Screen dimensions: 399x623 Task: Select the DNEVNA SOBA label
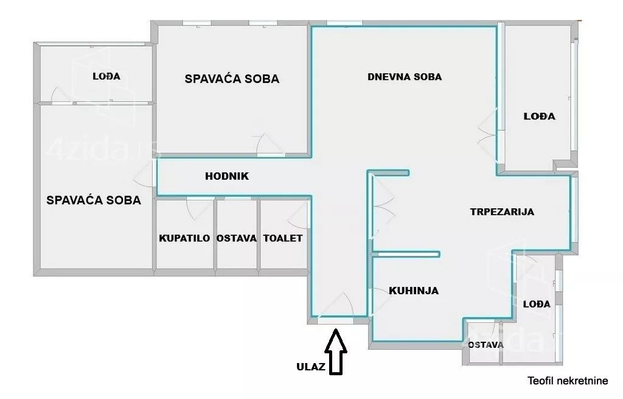[x=405, y=77]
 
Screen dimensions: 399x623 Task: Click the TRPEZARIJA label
[x=502, y=212]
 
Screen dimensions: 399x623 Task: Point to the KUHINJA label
[x=414, y=291]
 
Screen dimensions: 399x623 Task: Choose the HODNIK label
[x=227, y=176]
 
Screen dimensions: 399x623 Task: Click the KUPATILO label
[x=185, y=238]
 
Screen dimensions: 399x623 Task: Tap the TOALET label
[x=283, y=238]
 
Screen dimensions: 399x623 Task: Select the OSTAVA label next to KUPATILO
[x=237, y=238]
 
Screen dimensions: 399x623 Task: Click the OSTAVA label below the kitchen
[x=486, y=344]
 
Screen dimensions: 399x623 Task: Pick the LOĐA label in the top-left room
[x=106, y=76]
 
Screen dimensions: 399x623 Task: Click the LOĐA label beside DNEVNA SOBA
[x=540, y=116]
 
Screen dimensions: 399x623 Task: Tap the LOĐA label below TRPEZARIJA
[x=537, y=304]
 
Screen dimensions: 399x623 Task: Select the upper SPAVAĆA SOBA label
[x=232, y=79]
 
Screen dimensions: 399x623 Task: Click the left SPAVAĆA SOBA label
[x=94, y=200]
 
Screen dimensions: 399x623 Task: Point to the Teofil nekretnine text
[x=568, y=381]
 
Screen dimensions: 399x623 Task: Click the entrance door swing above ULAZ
[x=335, y=305]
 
